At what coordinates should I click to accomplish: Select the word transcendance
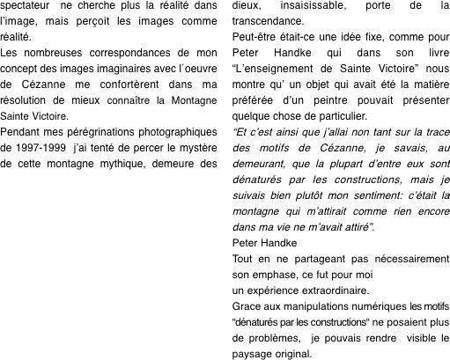coord(266,23)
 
